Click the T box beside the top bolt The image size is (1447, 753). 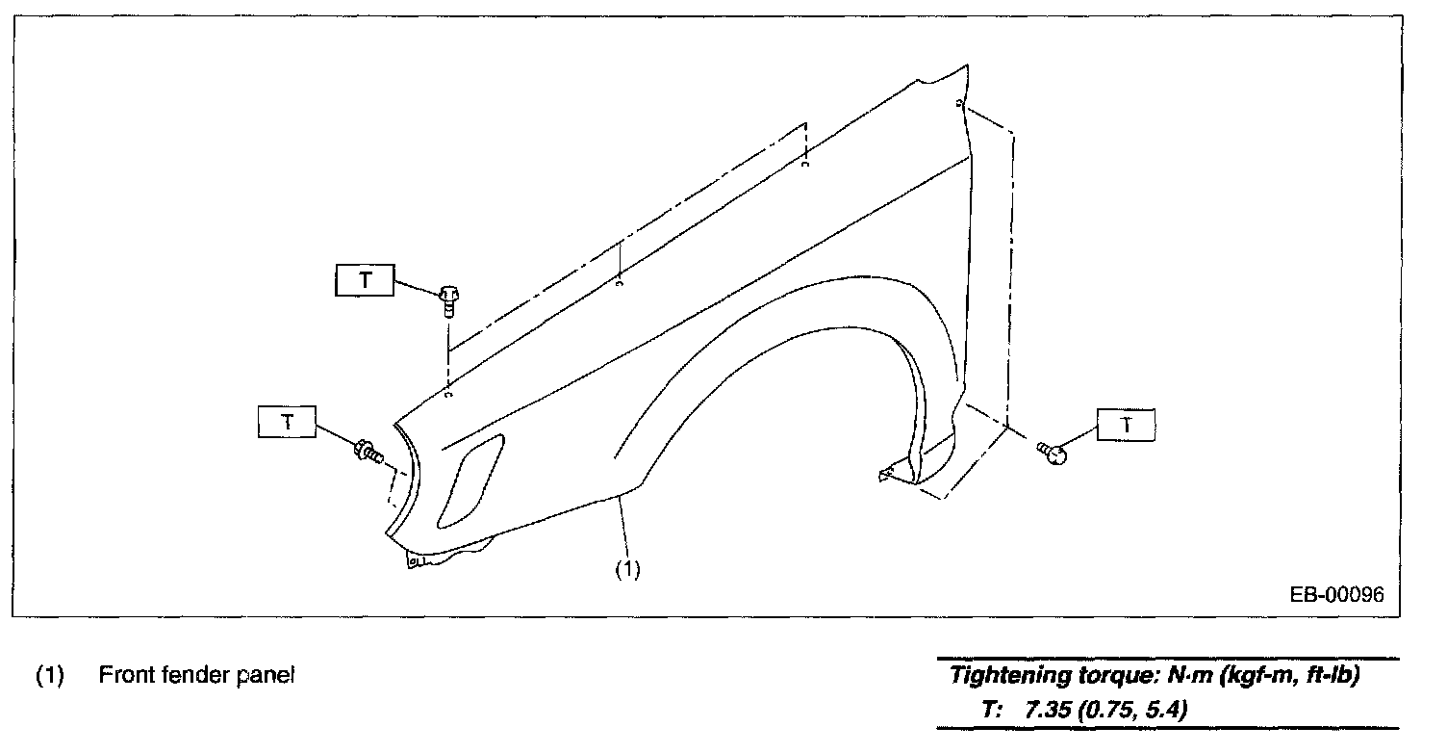pyautogui.click(x=365, y=280)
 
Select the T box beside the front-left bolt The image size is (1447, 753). pyautogui.click(x=286, y=422)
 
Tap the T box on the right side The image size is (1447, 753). pyautogui.click(x=1127, y=424)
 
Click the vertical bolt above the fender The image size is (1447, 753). pyautogui.click(x=449, y=299)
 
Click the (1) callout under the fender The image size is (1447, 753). pyautogui.click(x=627, y=569)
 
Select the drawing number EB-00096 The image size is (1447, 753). pyautogui.click(x=1336, y=595)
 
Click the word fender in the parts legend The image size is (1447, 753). pyautogui.click(x=189, y=675)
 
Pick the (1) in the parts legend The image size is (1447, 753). pyautogui.click(x=49, y=675)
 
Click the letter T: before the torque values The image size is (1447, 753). pyautogui.click(x=993, y=712)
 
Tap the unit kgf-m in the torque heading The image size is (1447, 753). pyautogui.click(x=1254, y=675)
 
